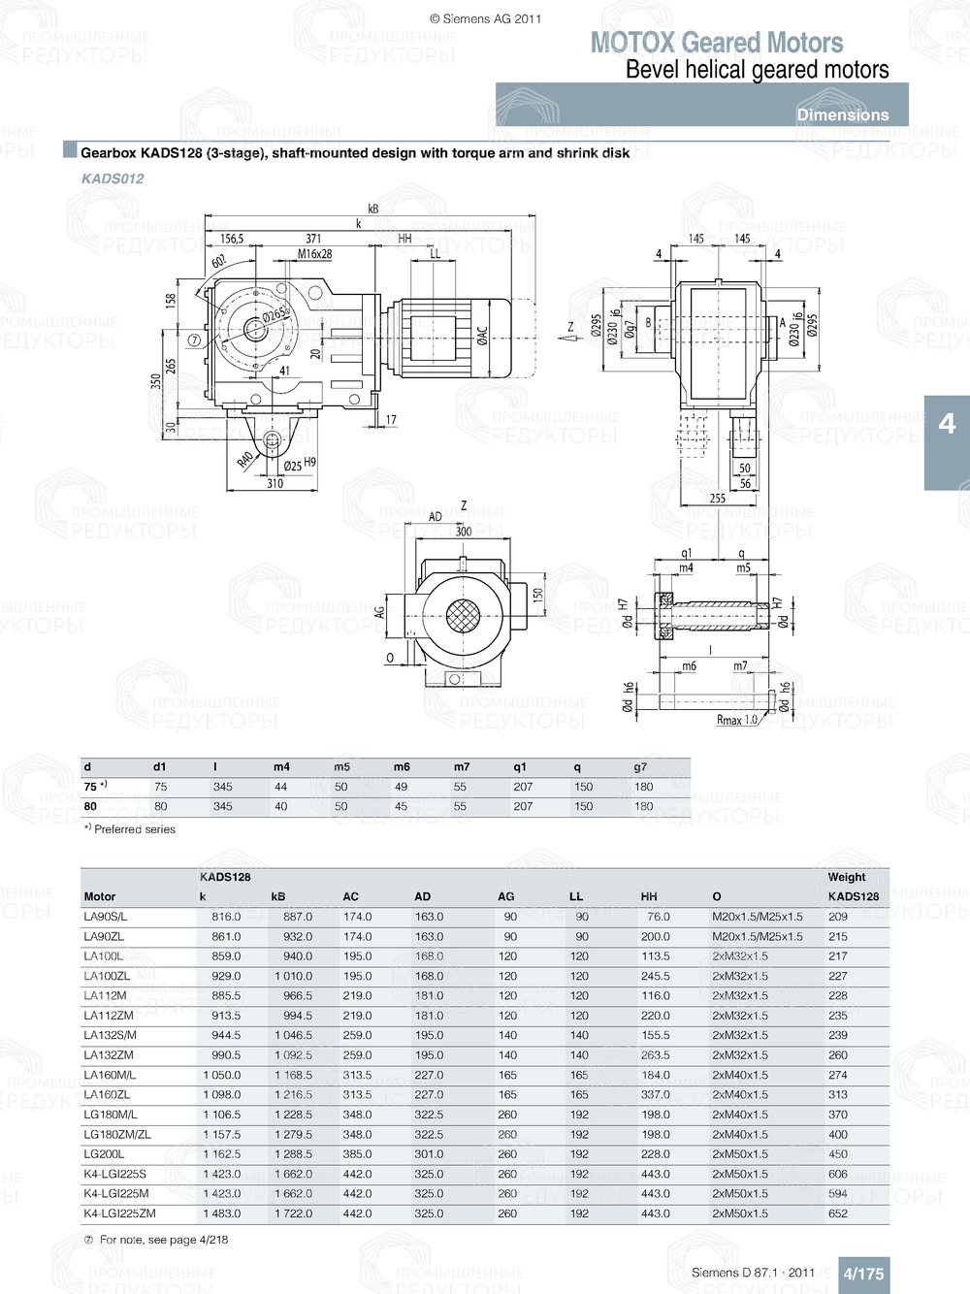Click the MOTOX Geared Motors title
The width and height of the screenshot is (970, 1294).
click(x=716, y=43)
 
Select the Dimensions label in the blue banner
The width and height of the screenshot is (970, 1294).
click(x=842, y=114)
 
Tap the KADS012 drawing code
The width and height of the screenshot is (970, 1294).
click(x=113, y=178)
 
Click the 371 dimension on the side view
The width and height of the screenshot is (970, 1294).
click(x=313, y=239)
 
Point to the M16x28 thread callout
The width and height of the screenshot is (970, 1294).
click(x=314, y=254)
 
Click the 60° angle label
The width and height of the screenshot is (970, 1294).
click(x=218, y=262)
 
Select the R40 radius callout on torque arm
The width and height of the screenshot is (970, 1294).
click(x=245, y=459)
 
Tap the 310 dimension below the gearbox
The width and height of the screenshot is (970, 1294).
click(x=275, y=483)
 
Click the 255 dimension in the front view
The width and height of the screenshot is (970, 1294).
click(x=717, y=498)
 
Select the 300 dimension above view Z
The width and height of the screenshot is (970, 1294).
click(x=464, y=532)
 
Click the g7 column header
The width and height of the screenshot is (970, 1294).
click(x=640, y=767)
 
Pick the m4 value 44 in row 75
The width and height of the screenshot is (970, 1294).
click(x=280, y=787)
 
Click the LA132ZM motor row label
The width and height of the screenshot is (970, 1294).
click(x=109, y=1055)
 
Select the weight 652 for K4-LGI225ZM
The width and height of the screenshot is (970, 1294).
click(x=838, y=1213)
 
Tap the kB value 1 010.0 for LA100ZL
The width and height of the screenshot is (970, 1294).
click(x=292, y=976)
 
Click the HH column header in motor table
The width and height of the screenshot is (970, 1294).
click(x=649, y=896)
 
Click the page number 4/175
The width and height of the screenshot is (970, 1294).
click(x=862, y=1274)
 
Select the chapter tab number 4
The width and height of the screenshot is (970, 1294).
click(x=947, y=424)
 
